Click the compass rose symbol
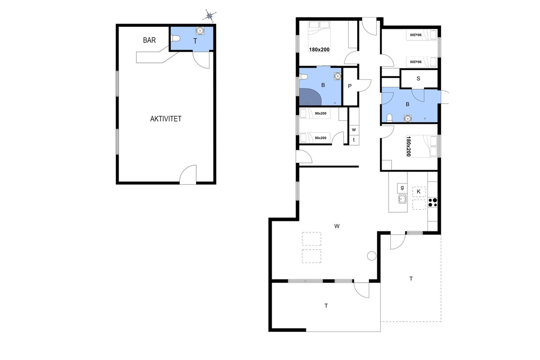210,16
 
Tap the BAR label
149,40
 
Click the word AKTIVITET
166,119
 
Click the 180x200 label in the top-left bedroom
319,49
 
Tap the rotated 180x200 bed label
408,146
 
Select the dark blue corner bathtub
310,97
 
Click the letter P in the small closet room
350,86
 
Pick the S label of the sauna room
418,78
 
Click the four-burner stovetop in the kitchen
433,203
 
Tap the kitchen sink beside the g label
402,199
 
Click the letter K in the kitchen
418,192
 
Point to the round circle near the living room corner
372,256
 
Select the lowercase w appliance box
354,130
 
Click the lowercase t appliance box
354,140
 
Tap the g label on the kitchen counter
402,188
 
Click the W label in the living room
337,226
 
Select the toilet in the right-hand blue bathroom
389,118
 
